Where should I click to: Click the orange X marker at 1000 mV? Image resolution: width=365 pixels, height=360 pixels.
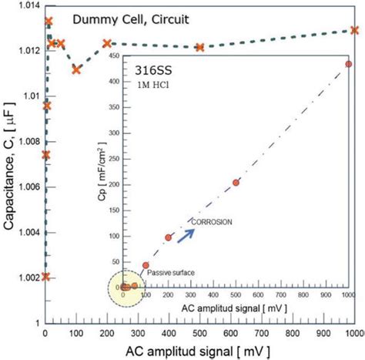tap(354, 30)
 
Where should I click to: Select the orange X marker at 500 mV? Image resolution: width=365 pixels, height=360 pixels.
tap(199, 47)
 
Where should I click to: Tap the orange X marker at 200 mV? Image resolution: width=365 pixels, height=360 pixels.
tap(107, 43)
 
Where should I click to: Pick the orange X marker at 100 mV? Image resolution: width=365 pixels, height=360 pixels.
tap(76, 69)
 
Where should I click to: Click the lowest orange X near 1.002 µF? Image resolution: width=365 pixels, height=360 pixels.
tap(45, 276)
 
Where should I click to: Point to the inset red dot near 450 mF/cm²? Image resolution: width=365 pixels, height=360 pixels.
tap(349, 64)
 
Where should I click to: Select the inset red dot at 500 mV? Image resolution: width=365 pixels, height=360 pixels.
tap(236, 183)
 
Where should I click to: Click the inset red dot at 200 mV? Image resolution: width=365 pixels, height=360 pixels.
tap(168, 237)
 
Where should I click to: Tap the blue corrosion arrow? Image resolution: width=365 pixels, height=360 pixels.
tap(185, 234)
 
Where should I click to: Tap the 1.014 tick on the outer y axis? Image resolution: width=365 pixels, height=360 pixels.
tap(25, 5)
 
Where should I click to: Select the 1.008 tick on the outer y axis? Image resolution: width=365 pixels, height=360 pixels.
tap(25, 141)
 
